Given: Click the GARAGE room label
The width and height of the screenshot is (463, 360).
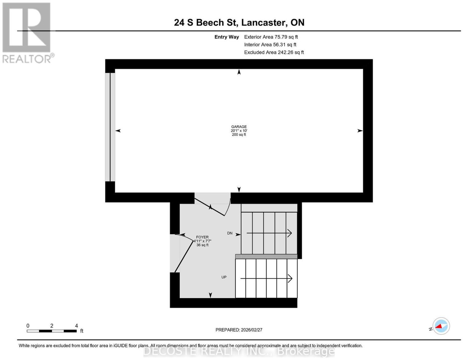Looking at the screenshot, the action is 239,127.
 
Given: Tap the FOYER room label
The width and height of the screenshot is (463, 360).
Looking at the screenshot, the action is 202,237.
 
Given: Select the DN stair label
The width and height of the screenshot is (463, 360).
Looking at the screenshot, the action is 229,233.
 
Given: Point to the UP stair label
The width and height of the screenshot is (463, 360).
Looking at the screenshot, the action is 224,277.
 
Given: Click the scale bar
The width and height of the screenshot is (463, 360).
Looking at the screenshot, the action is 52,331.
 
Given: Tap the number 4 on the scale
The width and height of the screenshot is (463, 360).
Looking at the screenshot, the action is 76,326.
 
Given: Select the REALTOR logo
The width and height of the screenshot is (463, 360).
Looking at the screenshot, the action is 28,33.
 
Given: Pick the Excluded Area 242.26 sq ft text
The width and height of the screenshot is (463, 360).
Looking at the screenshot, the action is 274,52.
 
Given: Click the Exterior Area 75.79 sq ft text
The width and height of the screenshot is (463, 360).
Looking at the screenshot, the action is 271,37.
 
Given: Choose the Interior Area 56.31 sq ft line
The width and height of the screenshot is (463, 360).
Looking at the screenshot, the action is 270,45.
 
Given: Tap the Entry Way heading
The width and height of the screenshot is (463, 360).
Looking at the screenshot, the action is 227,37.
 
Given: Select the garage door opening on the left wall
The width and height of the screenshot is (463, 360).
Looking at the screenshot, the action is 110,127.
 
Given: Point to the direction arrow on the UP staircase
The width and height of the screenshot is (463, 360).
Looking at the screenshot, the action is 266,278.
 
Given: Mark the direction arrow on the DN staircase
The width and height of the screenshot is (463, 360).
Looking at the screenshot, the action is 269,233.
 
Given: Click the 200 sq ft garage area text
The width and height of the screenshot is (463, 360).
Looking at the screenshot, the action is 239,134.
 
